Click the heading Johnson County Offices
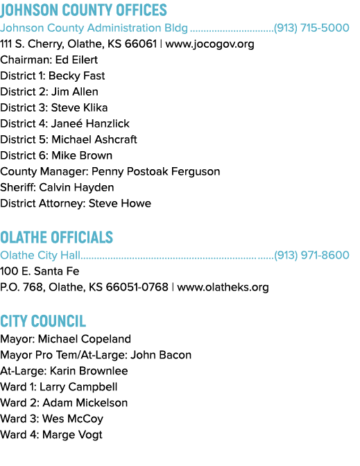(x=83, y=10)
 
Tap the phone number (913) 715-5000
(x=311, y=28)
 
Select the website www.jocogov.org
(x=209, y=44)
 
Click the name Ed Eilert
(x=76, y=60)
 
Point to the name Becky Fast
(x=77, y=76)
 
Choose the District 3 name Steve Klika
(x=79, y=107)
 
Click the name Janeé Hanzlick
(x=90, y=123)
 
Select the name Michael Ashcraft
(x=94, y=139)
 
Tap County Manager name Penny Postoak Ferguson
(x=156, y=171)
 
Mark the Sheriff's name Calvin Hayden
(x=76, y=187)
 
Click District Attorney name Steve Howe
(x=120, y=203)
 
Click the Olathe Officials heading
(x=56, y=237)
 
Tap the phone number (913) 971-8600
(x=311, y=255)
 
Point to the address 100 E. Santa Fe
(x=40, y=271)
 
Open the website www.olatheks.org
(x=223, y=287)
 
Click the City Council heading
(x=43, y=321)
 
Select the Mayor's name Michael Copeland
(x=85, y=339)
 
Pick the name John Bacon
(x=161, y=355)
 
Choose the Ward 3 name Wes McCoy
(x=73, y=419)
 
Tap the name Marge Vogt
(x=73, y=435)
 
